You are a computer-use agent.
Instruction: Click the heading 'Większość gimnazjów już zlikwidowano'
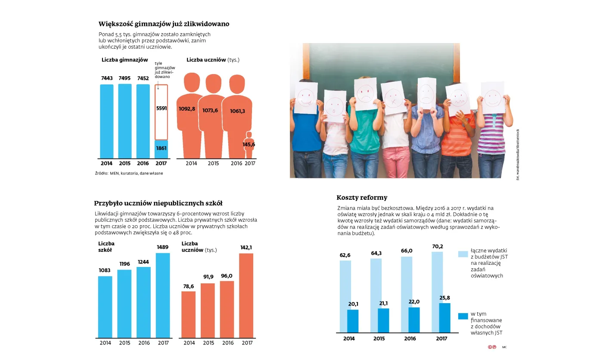pyautogui.click(x=163, y=24)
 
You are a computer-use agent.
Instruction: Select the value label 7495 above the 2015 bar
pyautogui.click(x=125, y=78)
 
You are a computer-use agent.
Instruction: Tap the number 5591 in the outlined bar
pyautogui.click(x=161, y=109)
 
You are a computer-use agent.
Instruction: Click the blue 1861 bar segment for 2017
pyautogui.click(x=162, y=149)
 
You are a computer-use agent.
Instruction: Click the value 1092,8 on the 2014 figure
pyautogui.click(x=186, y=109)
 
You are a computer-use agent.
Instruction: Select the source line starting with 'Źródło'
pyautogui.click(x=129, y=173)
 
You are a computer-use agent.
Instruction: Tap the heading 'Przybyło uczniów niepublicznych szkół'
pyautogui.click(x=158, y=203)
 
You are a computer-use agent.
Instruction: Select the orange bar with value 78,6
pyautogui.click(x=189, y=314)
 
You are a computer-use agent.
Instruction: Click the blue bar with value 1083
pyautogui.click(x=105, y=307)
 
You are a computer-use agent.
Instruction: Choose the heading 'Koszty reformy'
pyautogui.click(x=362, y=198)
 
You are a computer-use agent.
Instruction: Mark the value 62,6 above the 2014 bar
pyautogui.click(x=345, y=255)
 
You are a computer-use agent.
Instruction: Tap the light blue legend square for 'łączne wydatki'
pyautogui.click(x=463, y=254)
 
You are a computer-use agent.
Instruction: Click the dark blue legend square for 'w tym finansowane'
pyautogui.click(x=463, y=316)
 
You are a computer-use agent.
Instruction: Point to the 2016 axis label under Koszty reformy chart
pyautogui.click(x=410, y=338)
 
